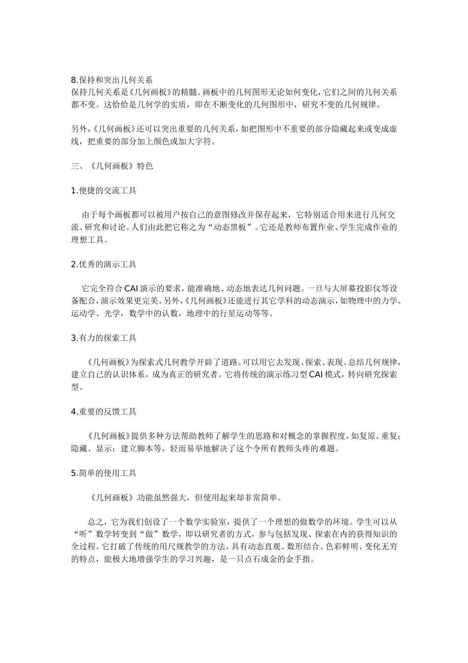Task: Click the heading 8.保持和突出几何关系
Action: coord(112,80)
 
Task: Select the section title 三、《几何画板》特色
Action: coord(112,166)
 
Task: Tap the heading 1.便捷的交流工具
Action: coord(103,190)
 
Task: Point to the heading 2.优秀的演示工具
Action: coord(103,264)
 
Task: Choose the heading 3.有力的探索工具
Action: coord(103,338)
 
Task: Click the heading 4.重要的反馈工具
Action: coord(103,411)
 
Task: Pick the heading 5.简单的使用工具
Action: coord(103,473)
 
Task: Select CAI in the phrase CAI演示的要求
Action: coord(131,289)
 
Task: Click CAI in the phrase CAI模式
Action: coord(315,374)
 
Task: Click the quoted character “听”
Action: coord(82,534)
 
